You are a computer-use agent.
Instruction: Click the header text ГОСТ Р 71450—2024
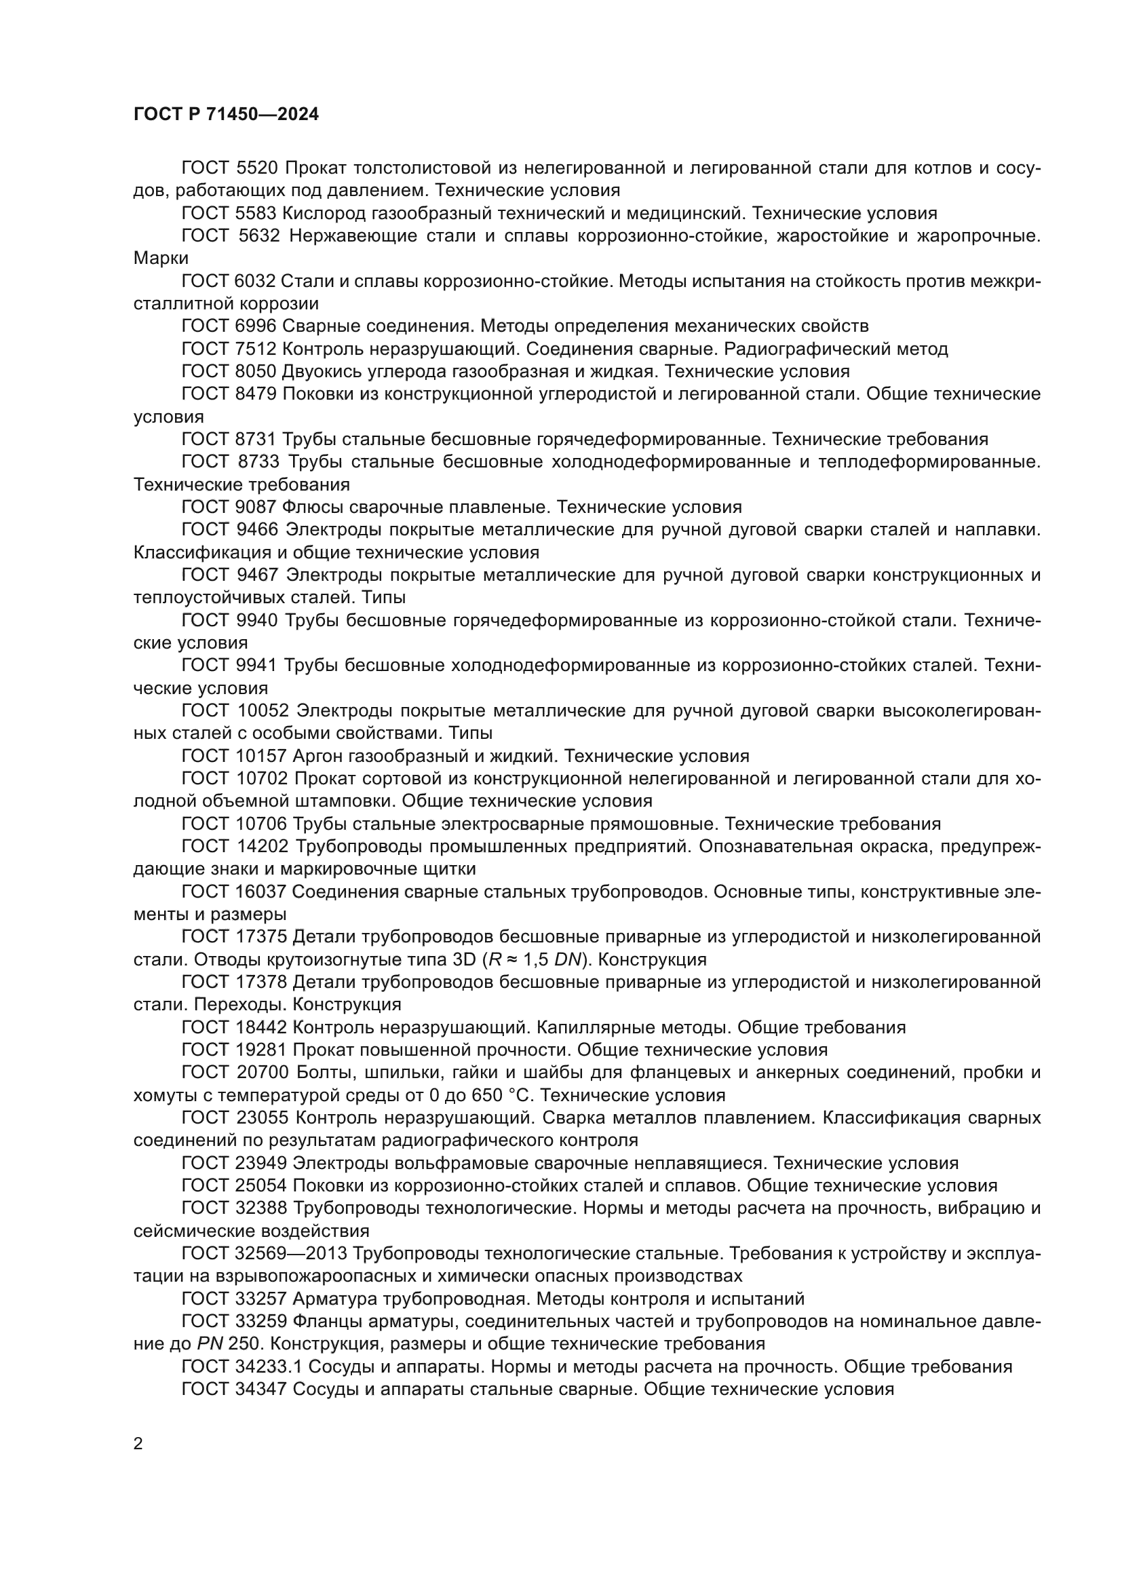point(226,115)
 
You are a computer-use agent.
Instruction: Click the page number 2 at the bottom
point(138,1444)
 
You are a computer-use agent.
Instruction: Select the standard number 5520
point(257,168)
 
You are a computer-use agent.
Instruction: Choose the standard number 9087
point(256,508)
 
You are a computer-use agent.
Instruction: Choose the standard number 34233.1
point(265,1366)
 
